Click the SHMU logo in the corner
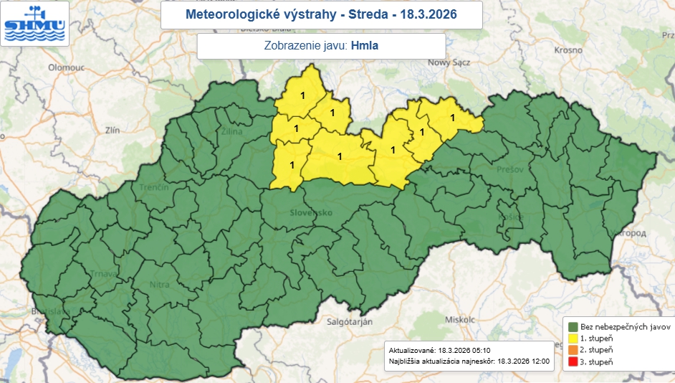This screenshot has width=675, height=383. click(35, 24)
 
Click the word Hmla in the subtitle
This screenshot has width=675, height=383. click(365, 46)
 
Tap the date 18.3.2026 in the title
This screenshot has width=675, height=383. click(428, 14)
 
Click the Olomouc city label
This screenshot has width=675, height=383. click(66, 67)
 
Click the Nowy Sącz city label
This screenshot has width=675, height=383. click(449, 62)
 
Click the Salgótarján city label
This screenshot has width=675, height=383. click(350, 323)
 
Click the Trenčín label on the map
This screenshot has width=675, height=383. click(154, 186)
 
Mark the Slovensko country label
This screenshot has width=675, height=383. click(312, 213)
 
